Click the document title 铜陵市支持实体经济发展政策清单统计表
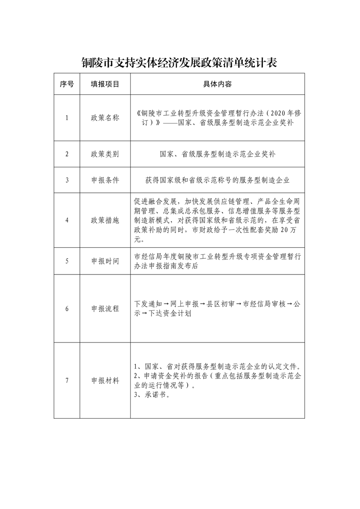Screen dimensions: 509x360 [x=179, y=63]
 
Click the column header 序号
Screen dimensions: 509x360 [x=67, y=84]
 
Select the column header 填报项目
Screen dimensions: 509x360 [x=105, y=84]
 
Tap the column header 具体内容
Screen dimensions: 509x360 [x=217, y=84]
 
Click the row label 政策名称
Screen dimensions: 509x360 [x=105, y=118]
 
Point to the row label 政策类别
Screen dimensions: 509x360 [x=105, y=154]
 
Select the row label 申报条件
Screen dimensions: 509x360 [x=105, y=180]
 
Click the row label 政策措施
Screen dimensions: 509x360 [x=105, y=220]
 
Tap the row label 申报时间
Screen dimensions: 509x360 [x=105, y=261]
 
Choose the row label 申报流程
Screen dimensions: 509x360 [x=105, y=309]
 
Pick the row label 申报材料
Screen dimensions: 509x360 [x=105, y=381]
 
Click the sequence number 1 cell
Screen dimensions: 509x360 [x=67, y=118]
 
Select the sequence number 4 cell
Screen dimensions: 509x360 [x=67, y=220]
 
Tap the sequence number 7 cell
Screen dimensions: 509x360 [x=67, y=381]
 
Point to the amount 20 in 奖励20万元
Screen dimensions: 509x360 [x=284, y=231]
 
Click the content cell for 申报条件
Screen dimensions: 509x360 [x=217, y=180]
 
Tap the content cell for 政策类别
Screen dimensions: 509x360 [x=217, y=154]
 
